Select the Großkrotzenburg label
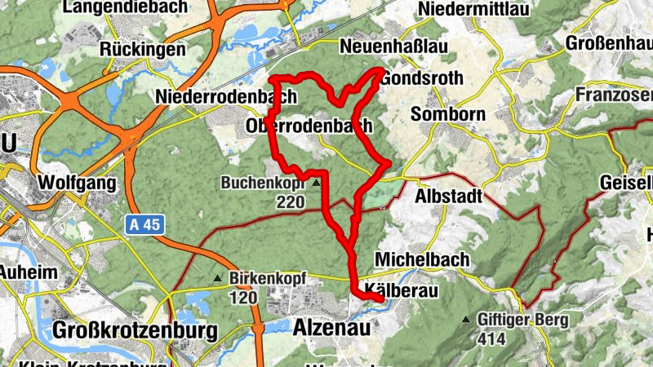coord(135,330)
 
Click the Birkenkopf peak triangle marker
coord(217,279)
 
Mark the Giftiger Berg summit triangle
coord(466,320)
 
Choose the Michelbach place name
coord(422,259)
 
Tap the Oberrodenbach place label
coord(309,126)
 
